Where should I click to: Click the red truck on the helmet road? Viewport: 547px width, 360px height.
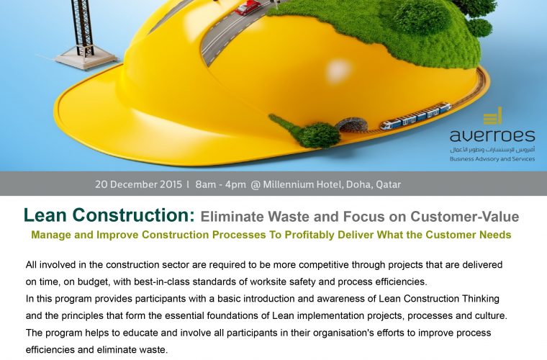tap(247, 7)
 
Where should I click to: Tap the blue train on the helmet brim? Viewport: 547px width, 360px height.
tap(415, 116)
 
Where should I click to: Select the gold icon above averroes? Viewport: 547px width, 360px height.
tap(492, 116)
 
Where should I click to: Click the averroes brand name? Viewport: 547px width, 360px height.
tap(492, 135)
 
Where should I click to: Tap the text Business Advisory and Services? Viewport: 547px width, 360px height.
tap(492, 158)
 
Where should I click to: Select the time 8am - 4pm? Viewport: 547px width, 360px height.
tap(219, 184)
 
